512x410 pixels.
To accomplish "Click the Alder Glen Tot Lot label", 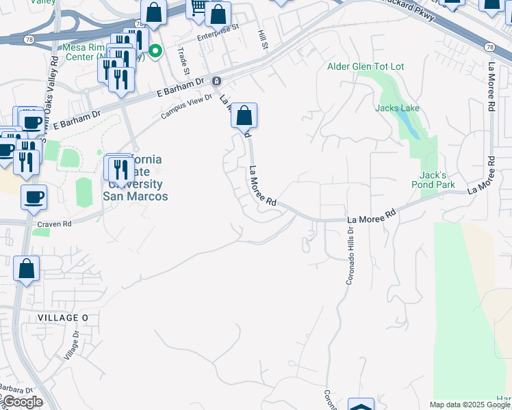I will pyautogui.click(x=366, y=66).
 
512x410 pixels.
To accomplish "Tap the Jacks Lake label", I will pyautogui.click(x=397, y=108).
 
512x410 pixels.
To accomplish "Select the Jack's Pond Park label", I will pyautogui.click(x=433, y=180).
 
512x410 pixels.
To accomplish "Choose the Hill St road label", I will pyautogui.click(x=262, y=40).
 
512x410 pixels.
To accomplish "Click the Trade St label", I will pyautogui.click(x=183, y=60).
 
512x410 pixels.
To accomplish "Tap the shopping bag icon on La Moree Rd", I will pyautogui.click(x=244, y=116).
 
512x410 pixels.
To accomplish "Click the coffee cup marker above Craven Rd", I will pyautogui.click(x=34, y=198).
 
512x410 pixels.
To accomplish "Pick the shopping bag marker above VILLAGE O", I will pyautogui.click(x=26, y=269).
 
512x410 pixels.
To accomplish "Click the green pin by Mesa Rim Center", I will pyautogui.click(x=156, y=50).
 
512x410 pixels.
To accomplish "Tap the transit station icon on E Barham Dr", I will pyautogui.click(x=216, y=81).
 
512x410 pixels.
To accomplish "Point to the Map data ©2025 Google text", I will pyautogui.click(x=470, y=405).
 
